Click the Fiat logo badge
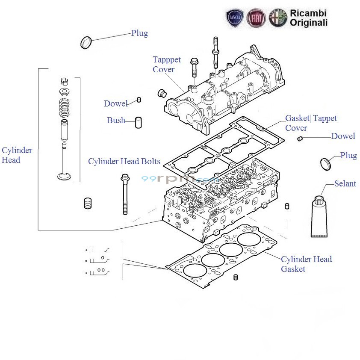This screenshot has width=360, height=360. [256, 18]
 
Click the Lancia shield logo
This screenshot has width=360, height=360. [235, 18]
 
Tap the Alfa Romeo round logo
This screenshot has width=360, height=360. [278, 18]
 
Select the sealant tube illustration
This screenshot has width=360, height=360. [319, 216]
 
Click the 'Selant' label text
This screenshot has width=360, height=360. [345, 183]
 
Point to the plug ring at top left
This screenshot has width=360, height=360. [86, 42]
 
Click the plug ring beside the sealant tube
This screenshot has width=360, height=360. [326, 164]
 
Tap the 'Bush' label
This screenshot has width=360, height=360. [116, 120]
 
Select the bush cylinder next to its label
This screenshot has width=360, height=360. [138, 123]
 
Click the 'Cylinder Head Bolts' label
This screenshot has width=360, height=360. [124, 161]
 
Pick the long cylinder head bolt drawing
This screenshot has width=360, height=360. [125, 195]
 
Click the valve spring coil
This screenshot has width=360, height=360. [64, 107]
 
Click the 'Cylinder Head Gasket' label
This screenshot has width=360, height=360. [306, 264]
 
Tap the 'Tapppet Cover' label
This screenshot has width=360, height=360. [167, 64]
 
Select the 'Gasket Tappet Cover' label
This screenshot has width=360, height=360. [311, 123]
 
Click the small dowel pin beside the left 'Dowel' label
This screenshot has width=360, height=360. [139, 100]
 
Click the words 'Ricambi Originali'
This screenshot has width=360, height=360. [309, 18]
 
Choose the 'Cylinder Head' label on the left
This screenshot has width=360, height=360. [17, 155]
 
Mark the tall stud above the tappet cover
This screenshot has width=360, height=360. [215, 53]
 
